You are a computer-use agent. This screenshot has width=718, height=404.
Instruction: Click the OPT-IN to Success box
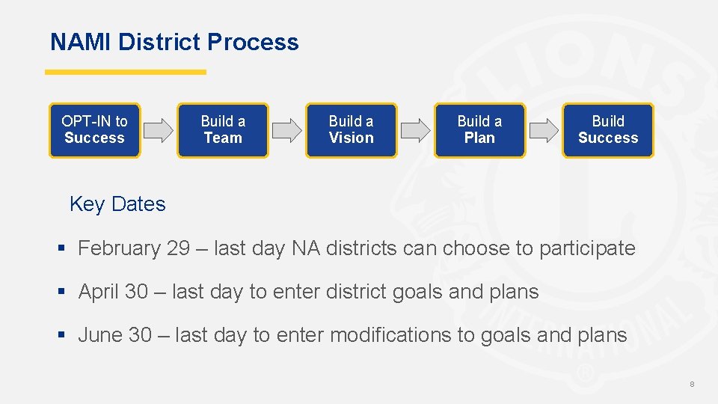pos(94,130)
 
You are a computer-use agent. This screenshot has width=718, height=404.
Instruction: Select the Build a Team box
pos(223,130)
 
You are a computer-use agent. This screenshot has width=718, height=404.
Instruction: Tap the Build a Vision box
pos(351,130)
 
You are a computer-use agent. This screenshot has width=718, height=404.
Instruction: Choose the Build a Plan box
pos(479,130)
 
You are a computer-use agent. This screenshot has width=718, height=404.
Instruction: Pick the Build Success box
pos(608,130)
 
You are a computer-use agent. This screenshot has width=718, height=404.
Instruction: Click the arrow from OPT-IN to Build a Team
pos(159,130)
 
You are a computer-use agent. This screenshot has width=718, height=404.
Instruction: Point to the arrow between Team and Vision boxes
pos(286,130)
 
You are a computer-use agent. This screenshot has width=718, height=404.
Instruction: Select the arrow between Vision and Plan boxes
pos(415,130)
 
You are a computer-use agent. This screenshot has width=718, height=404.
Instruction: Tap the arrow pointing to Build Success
pos(544,130)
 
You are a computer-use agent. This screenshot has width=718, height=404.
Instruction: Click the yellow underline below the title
pos(126,73)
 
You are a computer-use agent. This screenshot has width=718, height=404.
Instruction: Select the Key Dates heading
pos(117,204)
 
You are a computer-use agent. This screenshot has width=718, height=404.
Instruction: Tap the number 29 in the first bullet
pos(179,248)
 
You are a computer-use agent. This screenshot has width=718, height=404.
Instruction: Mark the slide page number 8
pos(692,384)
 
